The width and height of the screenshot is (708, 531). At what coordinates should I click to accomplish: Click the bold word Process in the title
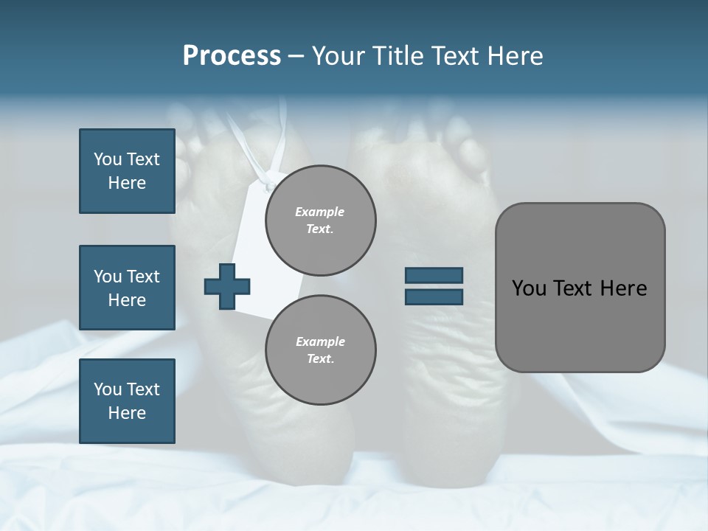[x=232, y=55]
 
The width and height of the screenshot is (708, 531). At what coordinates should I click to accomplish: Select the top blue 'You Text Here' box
[x=127, y=171]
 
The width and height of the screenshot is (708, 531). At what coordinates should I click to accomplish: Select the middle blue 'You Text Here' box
[x=127, y=288]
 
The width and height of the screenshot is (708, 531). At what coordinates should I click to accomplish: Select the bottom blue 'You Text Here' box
[x=127, y=401]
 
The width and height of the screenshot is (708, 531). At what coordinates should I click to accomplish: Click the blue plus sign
[x=227, y=287]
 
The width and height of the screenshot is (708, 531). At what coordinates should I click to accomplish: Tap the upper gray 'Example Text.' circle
[x=320, y=220]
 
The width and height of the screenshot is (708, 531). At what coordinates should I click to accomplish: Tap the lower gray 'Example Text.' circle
[x=320, y=350]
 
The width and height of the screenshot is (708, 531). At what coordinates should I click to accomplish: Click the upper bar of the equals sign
[x=434, y=276]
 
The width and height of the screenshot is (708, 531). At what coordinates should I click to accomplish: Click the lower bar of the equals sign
[x=434, y=297]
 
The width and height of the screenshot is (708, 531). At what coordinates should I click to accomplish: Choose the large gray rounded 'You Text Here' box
[x=580, y=288]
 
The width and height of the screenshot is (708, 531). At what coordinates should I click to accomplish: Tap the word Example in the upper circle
[x=319, y=212]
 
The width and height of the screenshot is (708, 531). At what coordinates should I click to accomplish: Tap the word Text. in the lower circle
[x=320, y=358]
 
